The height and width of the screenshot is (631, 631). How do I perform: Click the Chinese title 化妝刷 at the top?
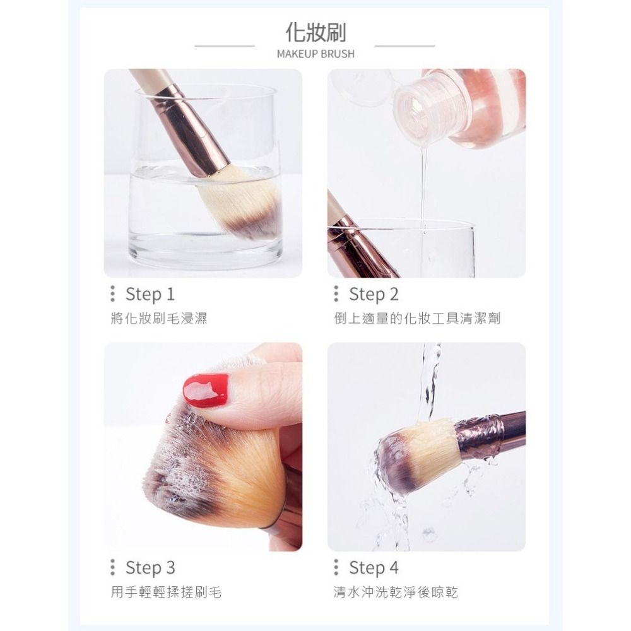[315, 32]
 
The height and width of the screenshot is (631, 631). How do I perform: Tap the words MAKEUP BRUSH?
[315, 54]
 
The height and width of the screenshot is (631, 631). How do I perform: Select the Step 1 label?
[150, 294]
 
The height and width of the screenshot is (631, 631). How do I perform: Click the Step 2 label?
[374, 294]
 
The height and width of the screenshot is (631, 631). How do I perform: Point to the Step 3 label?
[150, 568]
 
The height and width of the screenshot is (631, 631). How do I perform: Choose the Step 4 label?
[374, 568]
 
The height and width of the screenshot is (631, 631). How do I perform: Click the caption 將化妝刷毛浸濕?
[158, 319]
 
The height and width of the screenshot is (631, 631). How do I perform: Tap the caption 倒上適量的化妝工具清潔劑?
[417, 319]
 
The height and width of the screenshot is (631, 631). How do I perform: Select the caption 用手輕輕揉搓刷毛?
[166, 593]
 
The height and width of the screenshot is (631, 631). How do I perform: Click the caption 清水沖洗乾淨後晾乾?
[396, 593]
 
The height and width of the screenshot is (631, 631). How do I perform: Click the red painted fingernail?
[206, 390]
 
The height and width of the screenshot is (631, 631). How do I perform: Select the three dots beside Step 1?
[113, 294]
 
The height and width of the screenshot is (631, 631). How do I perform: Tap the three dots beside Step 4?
[336, 568]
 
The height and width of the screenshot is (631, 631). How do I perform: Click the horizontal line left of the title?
[225, 46]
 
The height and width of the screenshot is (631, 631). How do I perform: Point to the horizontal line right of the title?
[405, 46]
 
